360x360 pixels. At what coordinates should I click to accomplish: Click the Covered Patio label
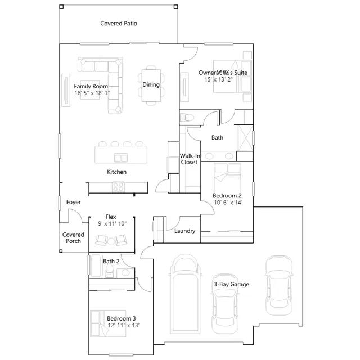tap(119, 24)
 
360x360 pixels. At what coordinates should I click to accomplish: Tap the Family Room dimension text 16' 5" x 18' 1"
tap(92, 93)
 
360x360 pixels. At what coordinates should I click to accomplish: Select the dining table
tap(151, 85)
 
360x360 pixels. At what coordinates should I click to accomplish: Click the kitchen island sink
tap(121, 157)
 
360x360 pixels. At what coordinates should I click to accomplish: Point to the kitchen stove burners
tap(118, 187)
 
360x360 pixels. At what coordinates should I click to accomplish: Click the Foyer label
tap(74, 202)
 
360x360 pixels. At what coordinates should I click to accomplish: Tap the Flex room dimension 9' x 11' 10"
tap(112, 223)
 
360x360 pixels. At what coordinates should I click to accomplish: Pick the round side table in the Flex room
tap(111, 241)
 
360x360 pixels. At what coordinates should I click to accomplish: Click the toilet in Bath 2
tap(110, 271)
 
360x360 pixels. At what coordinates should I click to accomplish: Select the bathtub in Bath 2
tap(96, 265)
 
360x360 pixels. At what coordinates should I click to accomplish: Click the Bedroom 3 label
tap(121, 318)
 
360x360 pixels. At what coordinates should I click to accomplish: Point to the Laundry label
tap(185, 231)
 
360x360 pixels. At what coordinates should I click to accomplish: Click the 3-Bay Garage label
tap(231, 284)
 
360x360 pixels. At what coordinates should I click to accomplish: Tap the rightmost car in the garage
tap(279, 285)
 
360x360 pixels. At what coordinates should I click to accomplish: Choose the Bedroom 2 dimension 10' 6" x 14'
tap(228, 202)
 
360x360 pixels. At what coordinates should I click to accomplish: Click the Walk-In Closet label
tap(190, 159)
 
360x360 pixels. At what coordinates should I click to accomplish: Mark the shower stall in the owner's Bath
tap(245, 138)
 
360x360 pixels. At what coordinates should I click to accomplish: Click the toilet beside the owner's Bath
tap(186, 118)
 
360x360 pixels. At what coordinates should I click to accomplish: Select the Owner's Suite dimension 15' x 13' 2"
tap(219, 79)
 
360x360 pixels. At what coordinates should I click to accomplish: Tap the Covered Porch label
tap(73, 237)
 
